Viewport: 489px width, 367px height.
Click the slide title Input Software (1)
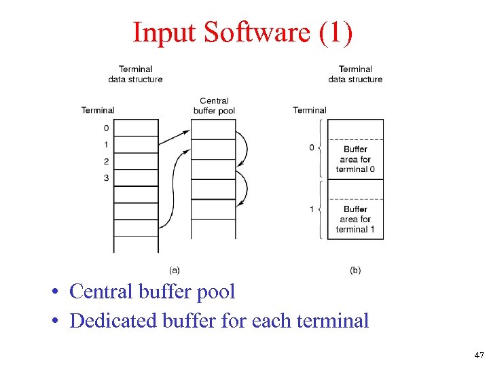tap(242, 32)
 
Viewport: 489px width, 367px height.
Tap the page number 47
tap(479, 355)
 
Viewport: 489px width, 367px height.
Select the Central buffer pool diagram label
tap(214, 105)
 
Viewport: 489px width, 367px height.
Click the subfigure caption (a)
tap(175, 270)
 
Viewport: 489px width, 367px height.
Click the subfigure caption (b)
tap(355, 270)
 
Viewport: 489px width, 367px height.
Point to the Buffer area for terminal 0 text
tap(355, 159)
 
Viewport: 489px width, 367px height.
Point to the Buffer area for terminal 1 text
tap(355, 219)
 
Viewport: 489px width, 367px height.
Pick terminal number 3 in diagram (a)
tap(106, 178)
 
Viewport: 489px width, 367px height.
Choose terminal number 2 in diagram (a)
tap(106, 161)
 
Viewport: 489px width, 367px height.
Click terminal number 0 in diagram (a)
tap(106, 128)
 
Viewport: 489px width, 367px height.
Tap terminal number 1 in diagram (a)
tap(106, 145)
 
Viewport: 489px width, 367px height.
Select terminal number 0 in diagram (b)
tap(312, 147)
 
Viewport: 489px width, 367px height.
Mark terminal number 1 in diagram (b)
tap(312, 209)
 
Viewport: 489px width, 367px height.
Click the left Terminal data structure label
tap(135, 74)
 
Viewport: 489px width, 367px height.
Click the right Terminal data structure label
tap(355, 74)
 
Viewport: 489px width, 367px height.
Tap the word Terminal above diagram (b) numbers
tap(310, 110)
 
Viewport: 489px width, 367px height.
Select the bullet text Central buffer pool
tap(152, 292)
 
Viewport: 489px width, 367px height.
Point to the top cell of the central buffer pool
tap(214, 128)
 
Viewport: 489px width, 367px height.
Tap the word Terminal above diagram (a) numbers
tap(98, 110)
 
